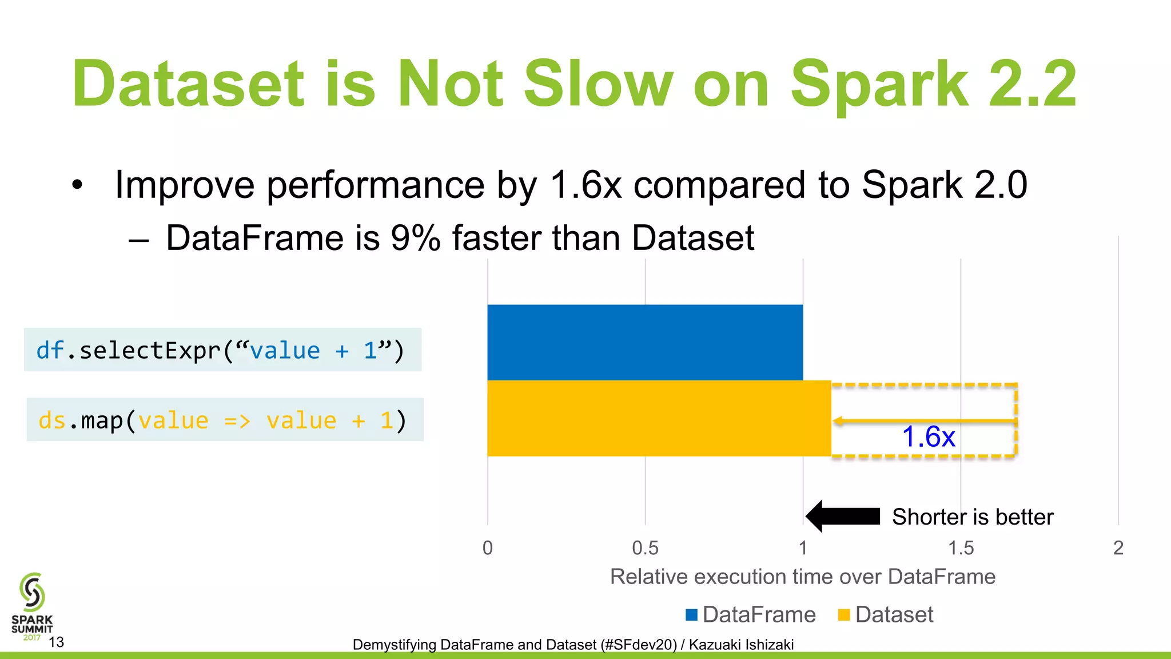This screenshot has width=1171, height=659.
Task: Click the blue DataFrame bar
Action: tap(645, 342)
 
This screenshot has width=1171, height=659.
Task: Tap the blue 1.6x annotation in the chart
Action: tap(928, 437)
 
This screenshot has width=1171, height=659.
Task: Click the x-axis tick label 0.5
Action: tap(645, 548)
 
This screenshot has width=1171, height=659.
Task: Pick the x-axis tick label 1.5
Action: tap(961, 548)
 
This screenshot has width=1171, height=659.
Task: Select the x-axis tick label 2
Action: tap(1118, 548)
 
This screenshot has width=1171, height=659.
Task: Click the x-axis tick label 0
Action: tap(487, 548)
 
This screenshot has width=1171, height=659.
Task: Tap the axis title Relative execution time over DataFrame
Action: tap(802, 577)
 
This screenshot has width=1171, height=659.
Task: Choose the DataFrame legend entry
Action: tap(751, 615)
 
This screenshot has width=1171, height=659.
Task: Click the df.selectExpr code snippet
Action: tap(222, 350)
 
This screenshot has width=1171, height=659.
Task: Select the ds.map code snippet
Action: tap(224, 420)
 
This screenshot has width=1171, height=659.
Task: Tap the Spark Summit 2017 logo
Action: tap(32, 606)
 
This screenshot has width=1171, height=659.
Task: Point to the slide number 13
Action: tap(56, 642)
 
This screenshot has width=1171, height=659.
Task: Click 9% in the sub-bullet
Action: tap(415, 238)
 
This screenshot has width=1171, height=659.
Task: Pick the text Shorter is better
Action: tap(972, 517)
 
